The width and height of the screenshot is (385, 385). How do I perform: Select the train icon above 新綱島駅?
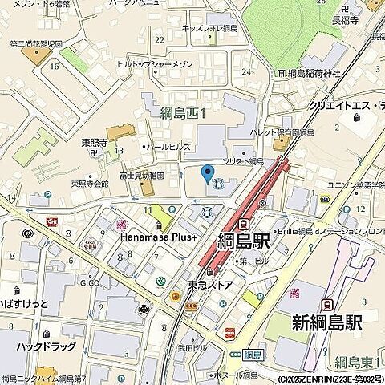point(326,305)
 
